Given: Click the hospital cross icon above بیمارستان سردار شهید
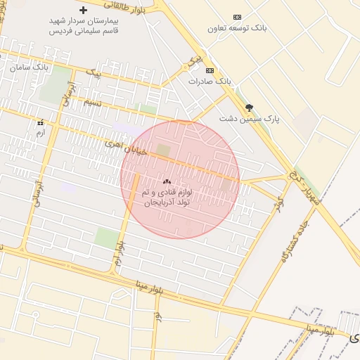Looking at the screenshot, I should pos(84,11).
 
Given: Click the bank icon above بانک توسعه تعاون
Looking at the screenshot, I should pos(237,17).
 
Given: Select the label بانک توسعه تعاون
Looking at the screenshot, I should pos(238,29).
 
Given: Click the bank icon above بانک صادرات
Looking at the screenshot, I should pos(209,70).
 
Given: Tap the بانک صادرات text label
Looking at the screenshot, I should pos(209,82).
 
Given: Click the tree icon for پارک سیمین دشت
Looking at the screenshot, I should pos(249,108).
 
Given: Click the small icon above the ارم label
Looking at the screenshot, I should pos(40,122).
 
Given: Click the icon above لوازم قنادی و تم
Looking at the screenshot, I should pos(167,181).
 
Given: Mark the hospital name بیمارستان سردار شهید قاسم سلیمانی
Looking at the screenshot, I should pos(84,26).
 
